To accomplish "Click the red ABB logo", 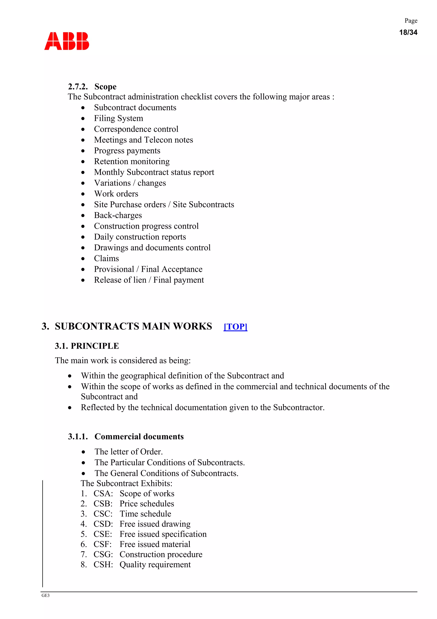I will click(x=67, y=41).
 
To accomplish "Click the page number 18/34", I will click(x=408, y=32).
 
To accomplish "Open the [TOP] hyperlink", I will click(x=235, y=326).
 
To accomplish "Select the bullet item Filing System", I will click(x=118, y=118).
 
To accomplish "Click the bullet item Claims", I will click(x=106, y=259).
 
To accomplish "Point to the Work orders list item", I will click(x=116, y=194).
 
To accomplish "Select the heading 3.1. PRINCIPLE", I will click(x=87, y=346).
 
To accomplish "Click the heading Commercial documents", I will click(x=139, y=437).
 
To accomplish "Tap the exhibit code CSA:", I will click(x=103, y=494).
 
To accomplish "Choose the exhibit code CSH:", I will click(x=103, y=565).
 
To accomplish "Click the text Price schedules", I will click(x=147, y=504).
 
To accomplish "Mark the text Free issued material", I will click(x=155, y=544).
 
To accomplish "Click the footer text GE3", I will click(x=45, y=595).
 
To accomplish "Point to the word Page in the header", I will click(x=411, y=21).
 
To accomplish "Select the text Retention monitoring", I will click(x=132, y=162).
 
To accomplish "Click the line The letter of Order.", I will click(x=128, y=451).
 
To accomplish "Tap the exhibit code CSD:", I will click(x=103, y=524).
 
